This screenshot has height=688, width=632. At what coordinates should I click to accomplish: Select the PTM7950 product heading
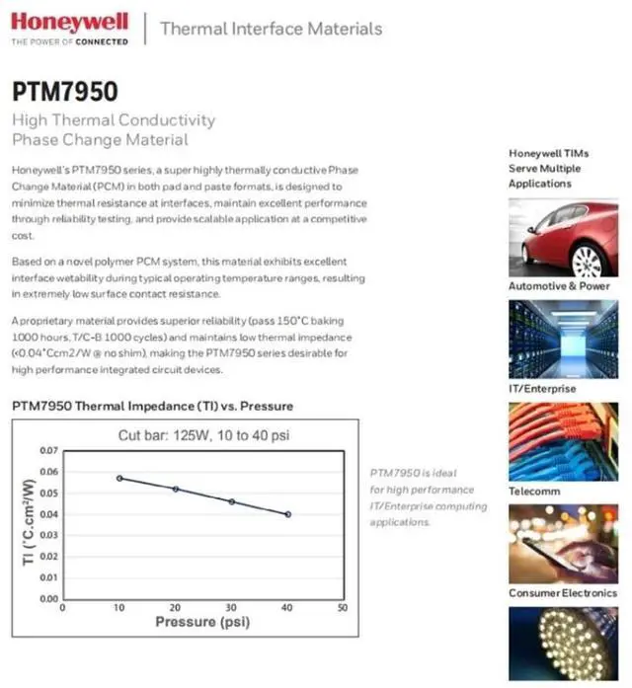pos(64,92)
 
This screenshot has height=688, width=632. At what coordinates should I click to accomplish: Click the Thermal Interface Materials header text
pos(271,28)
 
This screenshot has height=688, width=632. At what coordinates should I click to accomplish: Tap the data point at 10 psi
pos(119,478)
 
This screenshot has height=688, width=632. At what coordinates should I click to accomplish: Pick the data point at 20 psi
pos(176,489)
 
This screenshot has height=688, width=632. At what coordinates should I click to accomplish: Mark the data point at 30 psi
pos(232,501)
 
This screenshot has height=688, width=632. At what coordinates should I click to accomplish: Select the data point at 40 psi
pos(288,514)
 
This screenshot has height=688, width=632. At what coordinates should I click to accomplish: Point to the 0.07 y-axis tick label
pos(48,450)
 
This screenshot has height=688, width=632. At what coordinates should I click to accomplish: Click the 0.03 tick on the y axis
pos(48,535)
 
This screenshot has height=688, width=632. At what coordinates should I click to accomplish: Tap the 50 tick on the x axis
pos(343,608)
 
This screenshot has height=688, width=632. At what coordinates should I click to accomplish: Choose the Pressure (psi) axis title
pos(201,623)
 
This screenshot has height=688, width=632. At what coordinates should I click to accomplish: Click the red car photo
pos(562,237)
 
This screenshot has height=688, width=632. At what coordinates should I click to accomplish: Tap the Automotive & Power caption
pos(559,286)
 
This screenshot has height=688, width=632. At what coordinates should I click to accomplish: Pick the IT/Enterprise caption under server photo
pos(542,389)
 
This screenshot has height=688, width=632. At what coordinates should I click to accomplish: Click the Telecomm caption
pos(534,491)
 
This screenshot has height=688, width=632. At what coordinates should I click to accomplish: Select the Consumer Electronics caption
pos(562,592)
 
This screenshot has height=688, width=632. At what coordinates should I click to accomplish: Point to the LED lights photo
pos(562,647)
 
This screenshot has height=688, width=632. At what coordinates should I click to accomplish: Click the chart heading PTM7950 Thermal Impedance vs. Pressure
pos(152,406)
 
